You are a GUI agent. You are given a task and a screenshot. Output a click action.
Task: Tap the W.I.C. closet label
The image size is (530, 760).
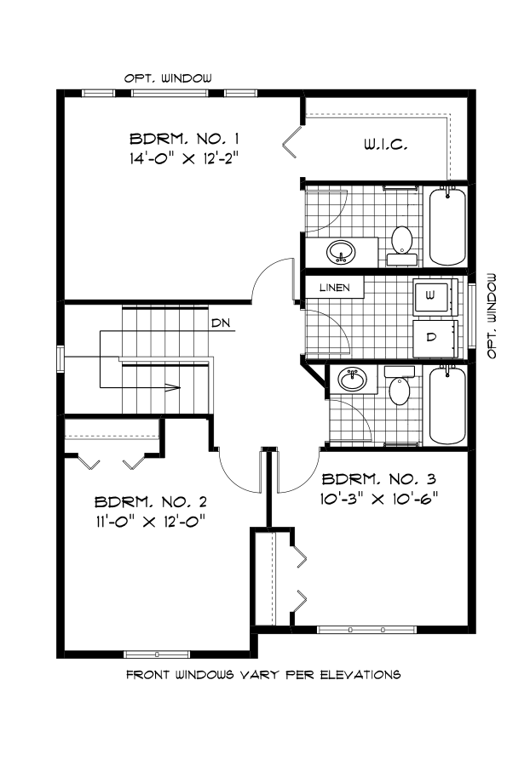380,145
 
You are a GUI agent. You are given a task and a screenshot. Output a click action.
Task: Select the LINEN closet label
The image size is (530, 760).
335,288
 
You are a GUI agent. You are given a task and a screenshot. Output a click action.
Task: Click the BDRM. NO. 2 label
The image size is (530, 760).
150,501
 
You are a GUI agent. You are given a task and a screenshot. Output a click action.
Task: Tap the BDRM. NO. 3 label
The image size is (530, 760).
374,478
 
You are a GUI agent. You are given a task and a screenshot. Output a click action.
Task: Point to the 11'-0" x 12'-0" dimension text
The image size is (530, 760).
150,520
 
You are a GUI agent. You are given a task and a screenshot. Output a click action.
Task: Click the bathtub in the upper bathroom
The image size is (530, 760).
446,226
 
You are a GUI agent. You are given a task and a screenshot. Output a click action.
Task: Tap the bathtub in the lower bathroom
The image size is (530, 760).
446,404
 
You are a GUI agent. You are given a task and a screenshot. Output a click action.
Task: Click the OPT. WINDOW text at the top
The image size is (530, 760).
168,77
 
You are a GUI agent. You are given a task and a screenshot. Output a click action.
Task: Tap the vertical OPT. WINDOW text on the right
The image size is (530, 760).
492,316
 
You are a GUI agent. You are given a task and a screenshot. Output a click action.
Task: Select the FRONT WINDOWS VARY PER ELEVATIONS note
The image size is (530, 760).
263,675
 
